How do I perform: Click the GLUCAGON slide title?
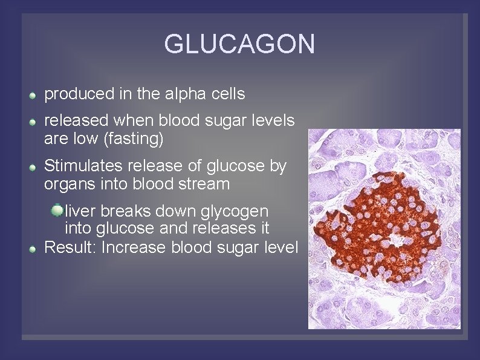(239, 44)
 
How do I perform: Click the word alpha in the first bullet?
(184, 94)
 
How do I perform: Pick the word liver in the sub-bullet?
(81, 211)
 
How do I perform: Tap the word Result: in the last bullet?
(71, 247)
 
